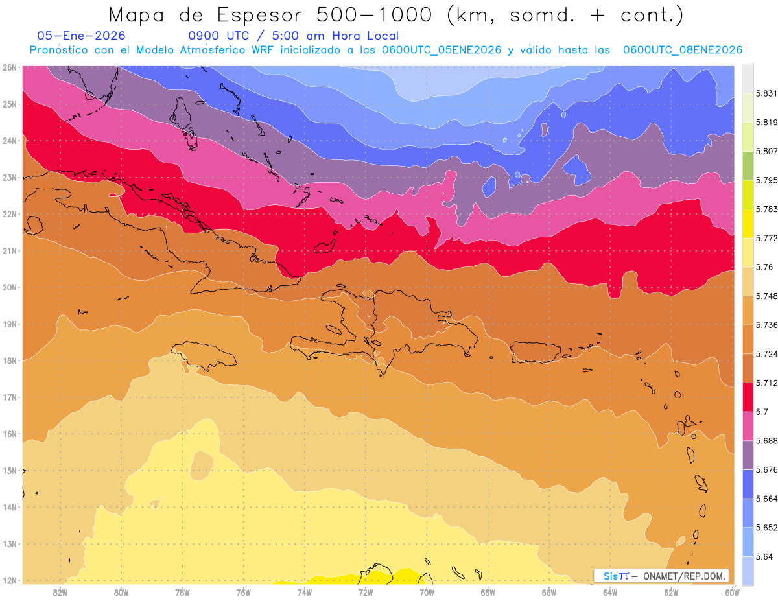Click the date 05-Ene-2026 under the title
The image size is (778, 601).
(81, 36)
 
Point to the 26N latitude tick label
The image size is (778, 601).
(10, 67)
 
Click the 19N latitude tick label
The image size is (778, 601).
(10, 324)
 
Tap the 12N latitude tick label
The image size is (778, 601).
(10, 580)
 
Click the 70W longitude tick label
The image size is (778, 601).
(427, 592)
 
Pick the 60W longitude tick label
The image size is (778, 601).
(732, 592)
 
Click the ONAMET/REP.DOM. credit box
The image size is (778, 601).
(661, 576)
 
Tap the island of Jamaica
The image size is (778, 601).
(206, 358)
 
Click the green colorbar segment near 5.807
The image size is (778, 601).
(748, 165)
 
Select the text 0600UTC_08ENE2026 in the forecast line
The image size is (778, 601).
(683, 49)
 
